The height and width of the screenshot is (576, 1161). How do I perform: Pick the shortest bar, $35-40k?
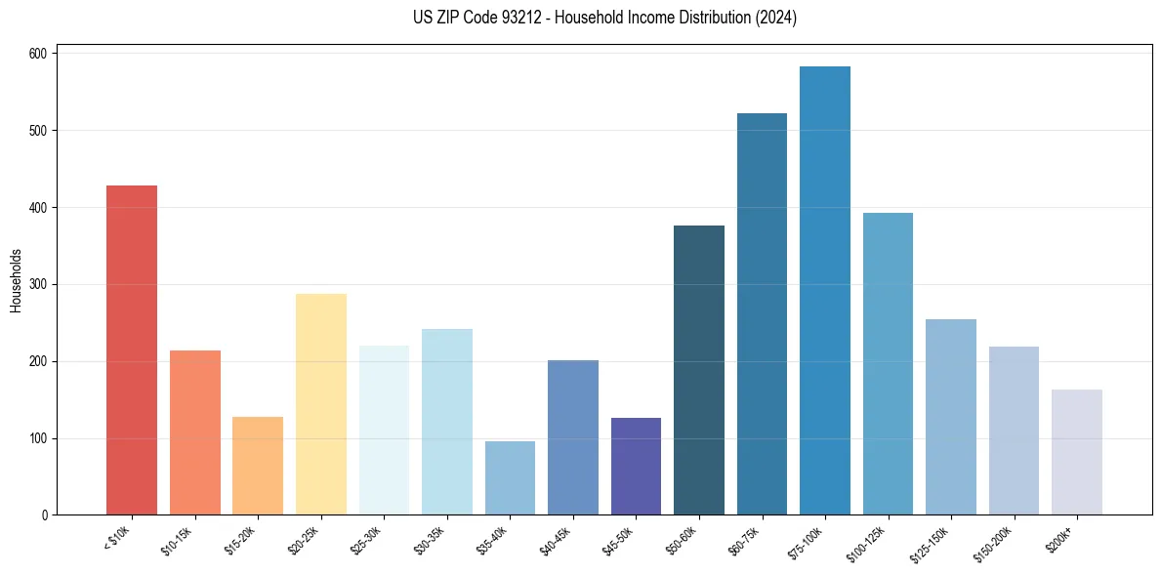click(510, 478)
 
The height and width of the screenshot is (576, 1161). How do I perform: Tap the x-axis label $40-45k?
click(555, 540)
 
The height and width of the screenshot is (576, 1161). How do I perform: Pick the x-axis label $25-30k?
click(365, 540)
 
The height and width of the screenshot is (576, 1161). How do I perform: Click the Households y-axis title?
click(16, 280)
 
